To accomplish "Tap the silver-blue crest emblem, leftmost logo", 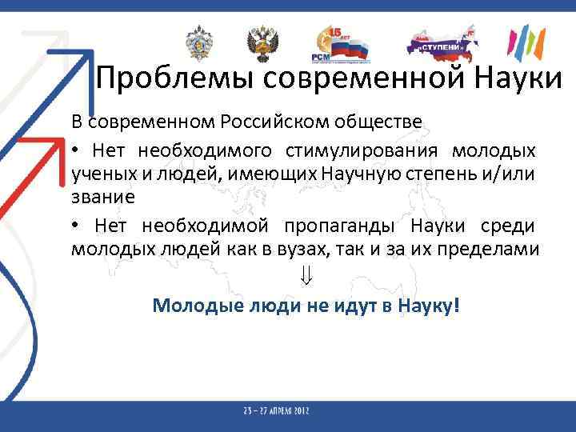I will [x=197, y=43].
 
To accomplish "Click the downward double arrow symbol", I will [x=306, y=278].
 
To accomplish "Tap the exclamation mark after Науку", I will [x=456, y=306].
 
